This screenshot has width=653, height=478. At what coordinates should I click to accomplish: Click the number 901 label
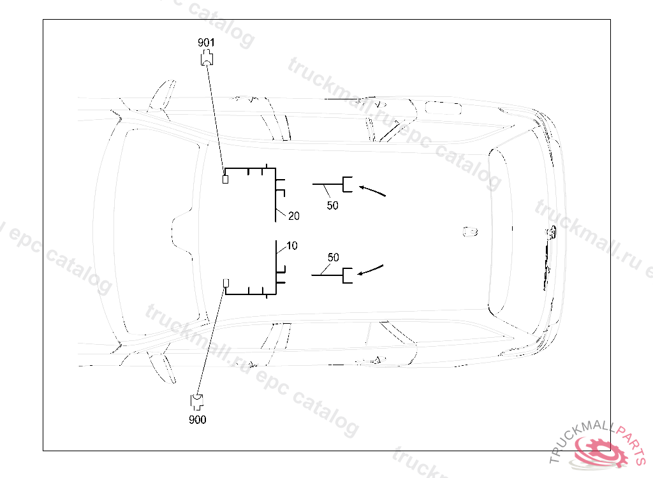[x=206, y=42]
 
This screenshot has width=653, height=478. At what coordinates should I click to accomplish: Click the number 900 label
[x=198, y=420]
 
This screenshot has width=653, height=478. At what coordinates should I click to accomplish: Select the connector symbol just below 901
[x=207, y=59]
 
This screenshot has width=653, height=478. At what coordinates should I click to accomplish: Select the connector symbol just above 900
[x=197, y=402]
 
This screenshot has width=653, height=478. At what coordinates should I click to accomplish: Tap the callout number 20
[x=293, y=216]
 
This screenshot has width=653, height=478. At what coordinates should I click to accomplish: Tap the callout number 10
[x=291, y=245]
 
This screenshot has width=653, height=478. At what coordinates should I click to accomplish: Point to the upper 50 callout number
[x=332, y=206]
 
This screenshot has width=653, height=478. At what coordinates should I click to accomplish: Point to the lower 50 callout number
[x=333, y=257]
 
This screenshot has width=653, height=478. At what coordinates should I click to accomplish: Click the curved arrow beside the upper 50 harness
[x=373, y=190]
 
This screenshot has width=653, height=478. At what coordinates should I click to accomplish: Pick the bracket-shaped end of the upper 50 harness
[x=348, y=184]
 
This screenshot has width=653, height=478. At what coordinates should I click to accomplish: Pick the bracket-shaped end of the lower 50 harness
[x=348, y=275]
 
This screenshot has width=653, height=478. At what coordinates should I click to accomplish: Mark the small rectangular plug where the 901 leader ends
[x=224, y=179]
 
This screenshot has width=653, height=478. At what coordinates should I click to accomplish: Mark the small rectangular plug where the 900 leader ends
[x=224, y=283]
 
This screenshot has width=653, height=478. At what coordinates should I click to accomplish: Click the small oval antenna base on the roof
[x=470, y=230]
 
